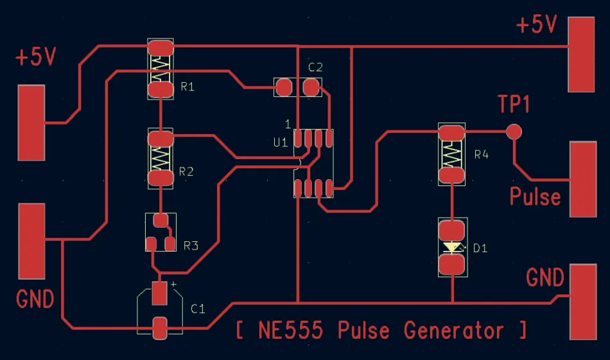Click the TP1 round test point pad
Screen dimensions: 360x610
513,132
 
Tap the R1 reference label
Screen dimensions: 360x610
187,87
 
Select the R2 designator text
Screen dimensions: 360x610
186,171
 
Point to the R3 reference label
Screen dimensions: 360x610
191,245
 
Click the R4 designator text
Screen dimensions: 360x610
482,155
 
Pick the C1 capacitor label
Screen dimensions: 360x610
198,309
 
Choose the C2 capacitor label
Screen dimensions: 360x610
315,67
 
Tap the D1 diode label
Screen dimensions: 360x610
480,248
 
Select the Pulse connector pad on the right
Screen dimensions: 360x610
582,179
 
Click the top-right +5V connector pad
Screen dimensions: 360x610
581,54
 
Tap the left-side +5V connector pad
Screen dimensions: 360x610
31,123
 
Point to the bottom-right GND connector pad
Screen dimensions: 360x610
582,301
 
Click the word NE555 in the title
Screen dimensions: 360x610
294,330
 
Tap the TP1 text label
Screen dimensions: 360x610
514,104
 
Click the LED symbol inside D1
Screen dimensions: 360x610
453,247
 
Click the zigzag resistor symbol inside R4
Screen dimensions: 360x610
452,154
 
